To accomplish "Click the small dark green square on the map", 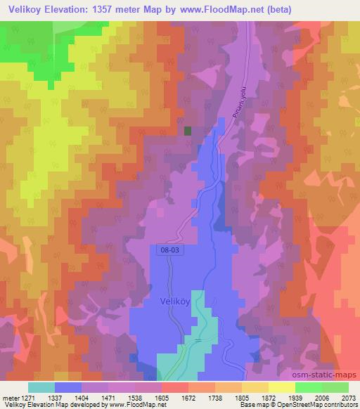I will click(188, 130).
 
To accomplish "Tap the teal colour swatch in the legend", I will click(41, 387).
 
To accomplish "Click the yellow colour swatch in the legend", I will click(282, 387).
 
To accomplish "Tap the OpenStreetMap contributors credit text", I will click(319, 405).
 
